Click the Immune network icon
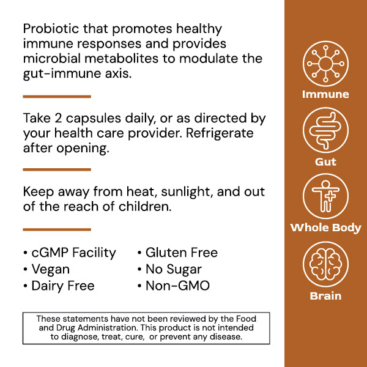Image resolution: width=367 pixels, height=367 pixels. pyautogui.click(x=325, y=64)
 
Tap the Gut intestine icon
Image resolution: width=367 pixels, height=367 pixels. pyautogui.click(x=325, y=131)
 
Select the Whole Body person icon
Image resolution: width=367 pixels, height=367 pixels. pyautogui.click(x=325, y=196)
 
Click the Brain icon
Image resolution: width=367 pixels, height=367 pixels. pyautogui.click(x=325, y=264)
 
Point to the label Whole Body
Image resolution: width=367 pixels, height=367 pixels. pyautogui.click(x=325, y=228)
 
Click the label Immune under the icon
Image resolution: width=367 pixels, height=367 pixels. pyautogui.click(x=325, y=95)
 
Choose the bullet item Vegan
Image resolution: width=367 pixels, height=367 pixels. pyautogui.click(x=50, y=269)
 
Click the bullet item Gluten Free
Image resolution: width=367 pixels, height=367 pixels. pyautogui.click(x=181, y=253)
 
